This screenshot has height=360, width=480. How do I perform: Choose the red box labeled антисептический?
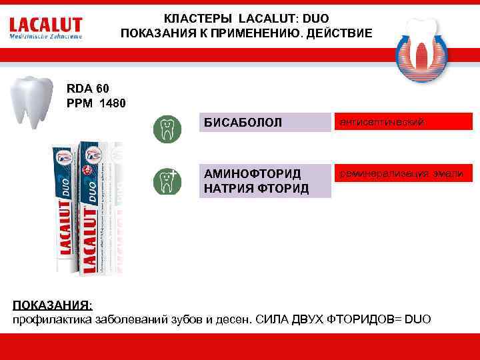(404, 121)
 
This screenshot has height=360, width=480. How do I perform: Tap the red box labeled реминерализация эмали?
(404, 173)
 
